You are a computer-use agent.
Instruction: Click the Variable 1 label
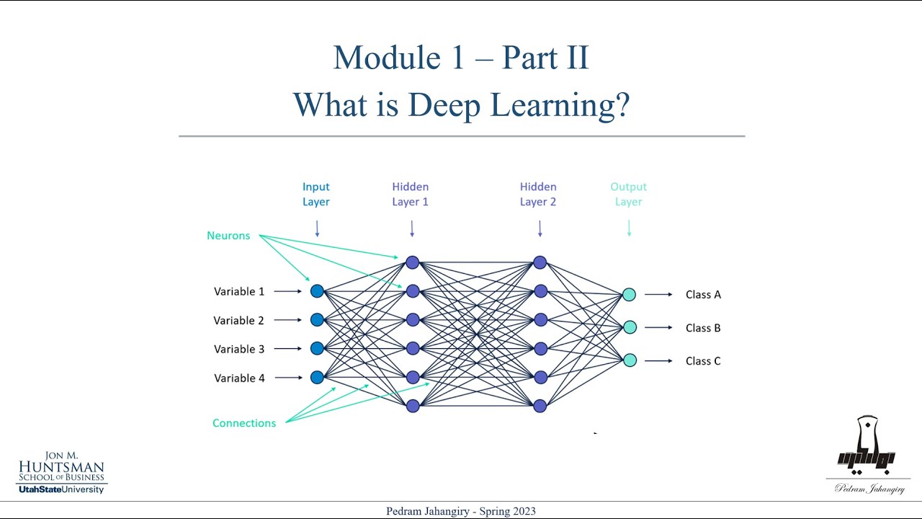coord(239,291)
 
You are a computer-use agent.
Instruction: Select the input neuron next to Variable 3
coord(317,348)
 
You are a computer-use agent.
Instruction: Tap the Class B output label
coord(703,328)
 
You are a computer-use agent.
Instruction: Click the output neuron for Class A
coord(629,294)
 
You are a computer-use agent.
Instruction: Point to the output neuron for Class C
coord(630,360)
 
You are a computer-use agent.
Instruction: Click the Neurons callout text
coord(228,236)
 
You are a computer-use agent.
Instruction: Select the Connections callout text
coord(244,423)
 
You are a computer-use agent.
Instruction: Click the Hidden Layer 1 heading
coord(411,195)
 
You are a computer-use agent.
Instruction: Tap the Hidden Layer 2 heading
coord(538,195)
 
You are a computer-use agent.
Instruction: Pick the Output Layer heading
coord(628,195)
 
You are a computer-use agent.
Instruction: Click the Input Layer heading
coord(316,195)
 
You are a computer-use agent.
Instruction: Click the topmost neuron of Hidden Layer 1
coord(412,262)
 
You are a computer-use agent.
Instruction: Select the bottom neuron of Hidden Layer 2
coord(540,406)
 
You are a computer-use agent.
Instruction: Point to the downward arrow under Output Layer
coord(629,228)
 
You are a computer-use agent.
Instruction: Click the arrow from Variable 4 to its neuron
coord(288,378)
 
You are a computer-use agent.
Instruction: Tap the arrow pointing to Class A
coord(658,294)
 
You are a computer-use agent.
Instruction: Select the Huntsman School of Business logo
coord(62,472)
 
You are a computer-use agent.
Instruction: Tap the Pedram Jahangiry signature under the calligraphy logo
coord(869,489)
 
